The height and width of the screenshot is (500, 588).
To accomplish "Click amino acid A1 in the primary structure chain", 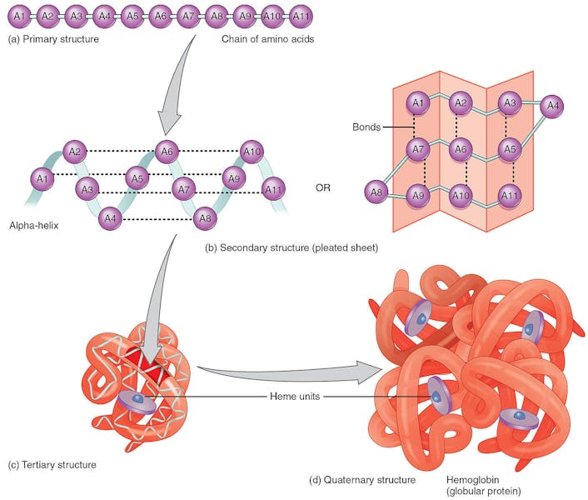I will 19,15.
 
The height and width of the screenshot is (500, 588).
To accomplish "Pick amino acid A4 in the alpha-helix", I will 110,219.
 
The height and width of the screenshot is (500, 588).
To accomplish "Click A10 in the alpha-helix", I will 252,151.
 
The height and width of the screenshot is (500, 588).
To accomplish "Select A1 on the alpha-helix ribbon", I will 40,177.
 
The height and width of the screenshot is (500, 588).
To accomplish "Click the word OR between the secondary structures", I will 323,187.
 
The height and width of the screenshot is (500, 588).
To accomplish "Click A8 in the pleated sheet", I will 376,194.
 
